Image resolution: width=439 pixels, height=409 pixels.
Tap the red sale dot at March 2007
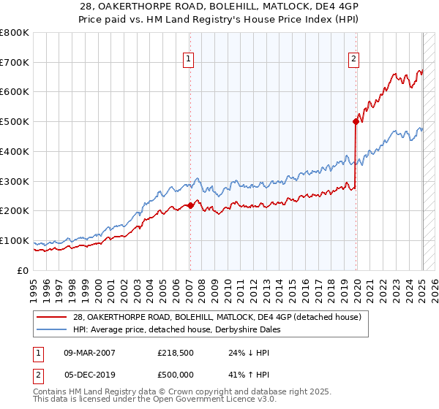[x=190, y=205]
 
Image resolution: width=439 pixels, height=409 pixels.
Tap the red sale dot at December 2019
[x=356, y=121]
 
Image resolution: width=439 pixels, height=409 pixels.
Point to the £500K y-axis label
[x=15, y=122]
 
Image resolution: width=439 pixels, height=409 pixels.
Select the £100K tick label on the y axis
[x=15, y=240]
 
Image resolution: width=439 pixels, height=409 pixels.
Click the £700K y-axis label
[x=15, y=63]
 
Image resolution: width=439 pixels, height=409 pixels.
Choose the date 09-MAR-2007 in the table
[x=89, y=353]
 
